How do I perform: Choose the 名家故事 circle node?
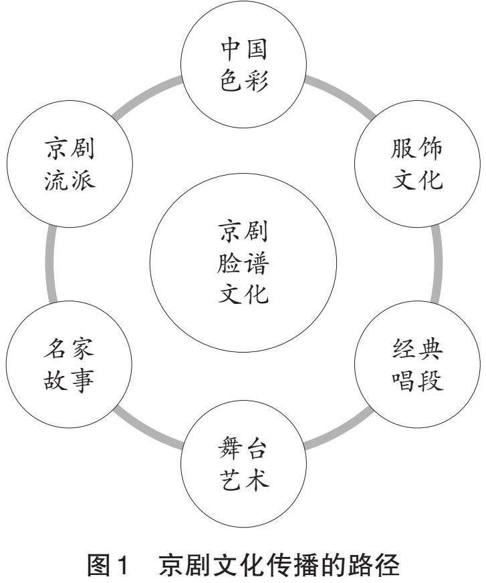click(70, 366)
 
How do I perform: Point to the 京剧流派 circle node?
click(70, 164)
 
